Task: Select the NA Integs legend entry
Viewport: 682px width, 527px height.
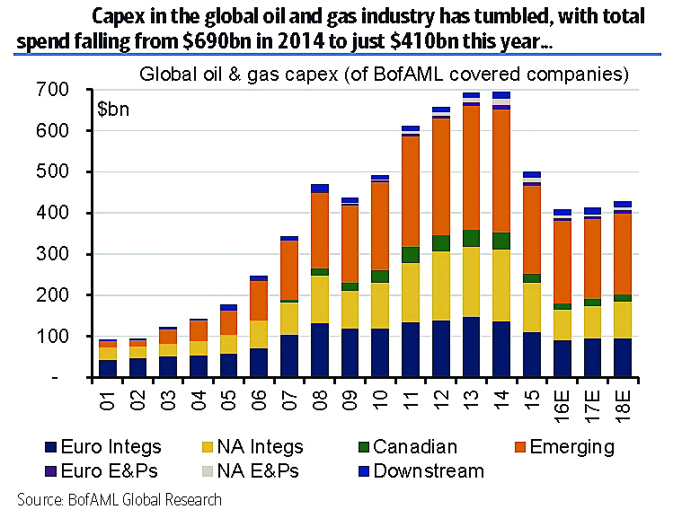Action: coord(252,446)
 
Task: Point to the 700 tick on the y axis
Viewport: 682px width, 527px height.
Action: coord(53,90)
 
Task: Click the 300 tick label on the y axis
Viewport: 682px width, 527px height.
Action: coord(53,254)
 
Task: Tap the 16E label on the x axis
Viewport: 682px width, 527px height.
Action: coord(563,400)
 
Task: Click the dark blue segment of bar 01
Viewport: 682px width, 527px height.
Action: coord(107,368)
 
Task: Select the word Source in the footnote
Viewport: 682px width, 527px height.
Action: coord(40,500)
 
